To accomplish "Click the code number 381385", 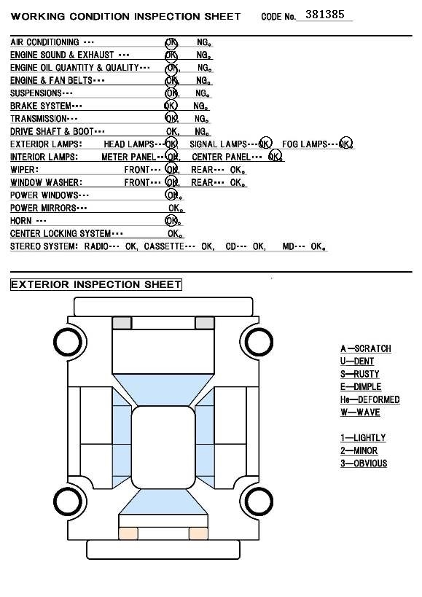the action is click(x=324, y=15).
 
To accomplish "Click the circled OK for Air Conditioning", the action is click(x=171, y=42).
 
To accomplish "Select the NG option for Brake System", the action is click(x=200, y=106).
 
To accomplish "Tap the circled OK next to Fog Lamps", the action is click(x=345, y=144).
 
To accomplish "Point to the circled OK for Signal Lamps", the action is click(x=265, y=144).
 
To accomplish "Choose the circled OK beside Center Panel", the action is click(x=275, y=157).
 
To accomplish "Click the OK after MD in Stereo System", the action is click(x=318, y=246).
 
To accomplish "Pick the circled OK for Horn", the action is click(x=172, y=220).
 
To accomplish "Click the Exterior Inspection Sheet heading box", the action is click(x=96, y=284).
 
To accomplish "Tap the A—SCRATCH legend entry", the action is click(x=366, y=348).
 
